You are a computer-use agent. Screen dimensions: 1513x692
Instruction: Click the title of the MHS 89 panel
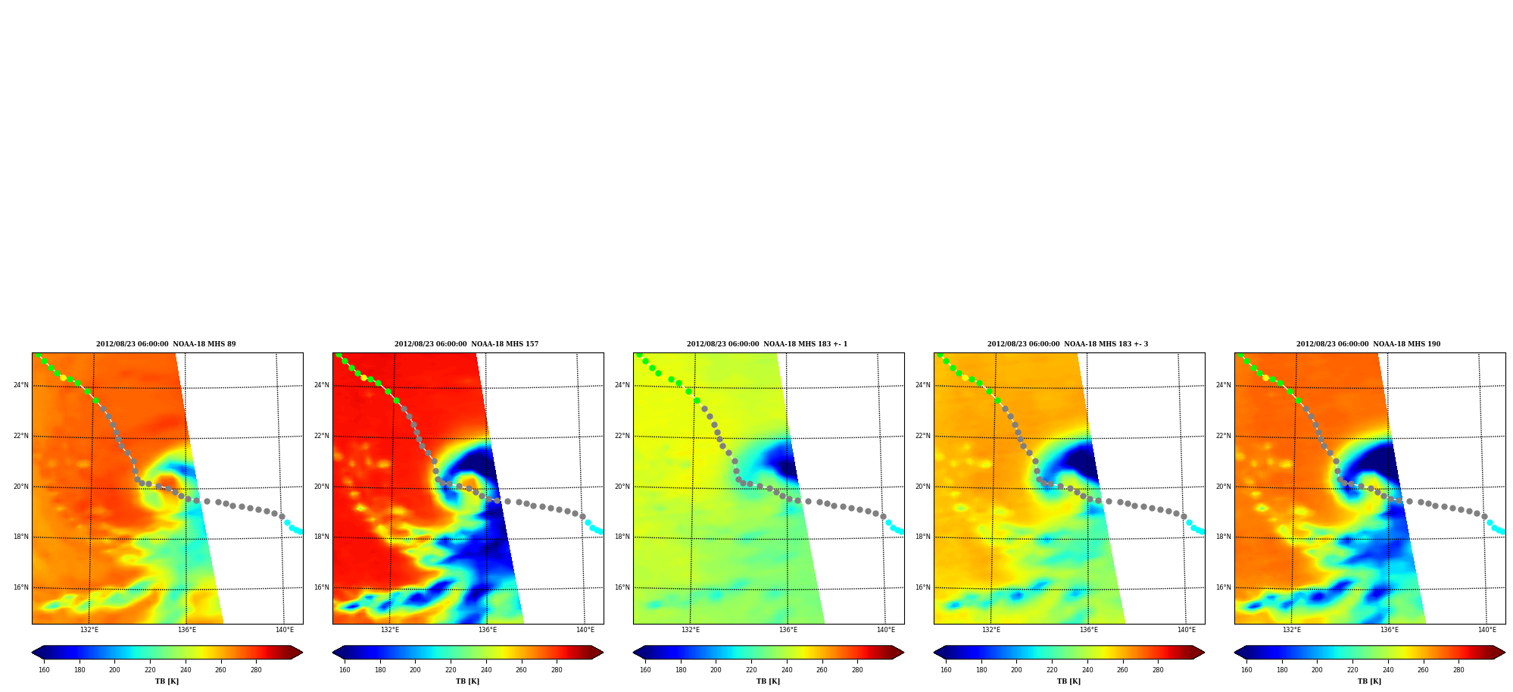click(x=166, y=344)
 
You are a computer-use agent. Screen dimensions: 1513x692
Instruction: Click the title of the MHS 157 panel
click(x=466, y=344)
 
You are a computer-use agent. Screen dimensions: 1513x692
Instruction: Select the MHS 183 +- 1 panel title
click(x=767, y=344)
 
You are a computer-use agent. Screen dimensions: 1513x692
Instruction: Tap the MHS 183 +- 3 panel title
click(x=1068, y=344)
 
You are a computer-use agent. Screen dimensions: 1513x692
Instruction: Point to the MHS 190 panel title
click(x=1368, y=344)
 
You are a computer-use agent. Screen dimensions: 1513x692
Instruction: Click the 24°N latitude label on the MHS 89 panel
click(x=20, y=385)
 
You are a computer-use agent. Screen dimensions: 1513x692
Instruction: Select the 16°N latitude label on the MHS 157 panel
click(x=321, y=587)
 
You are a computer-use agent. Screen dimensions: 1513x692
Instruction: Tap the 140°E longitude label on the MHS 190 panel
click(x=1487, y=630)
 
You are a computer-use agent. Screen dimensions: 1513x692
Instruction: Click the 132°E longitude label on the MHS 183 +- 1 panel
click(x=691, y=630)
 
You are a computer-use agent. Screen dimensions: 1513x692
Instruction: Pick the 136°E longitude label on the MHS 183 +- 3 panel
click(x=1089, y=630)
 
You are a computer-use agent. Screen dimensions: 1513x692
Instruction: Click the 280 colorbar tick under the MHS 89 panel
click(x=256, y=670)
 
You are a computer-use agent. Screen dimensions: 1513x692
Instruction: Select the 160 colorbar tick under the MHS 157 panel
click(x=345, y=670)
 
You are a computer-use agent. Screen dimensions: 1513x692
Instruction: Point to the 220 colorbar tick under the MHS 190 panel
click(x=1352, y=670)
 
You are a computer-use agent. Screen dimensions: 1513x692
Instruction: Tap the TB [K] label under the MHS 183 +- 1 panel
click(x=768, y=681)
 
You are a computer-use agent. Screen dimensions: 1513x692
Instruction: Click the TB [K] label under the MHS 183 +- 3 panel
click(x=1068, y=681)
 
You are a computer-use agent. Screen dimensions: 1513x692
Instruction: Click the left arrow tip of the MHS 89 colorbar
click(x=32, y=653)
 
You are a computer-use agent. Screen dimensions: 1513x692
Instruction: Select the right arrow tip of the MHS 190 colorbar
click(x=1505, y=653)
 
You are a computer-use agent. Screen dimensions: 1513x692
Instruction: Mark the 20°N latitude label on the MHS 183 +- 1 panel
click(x=622, y=487)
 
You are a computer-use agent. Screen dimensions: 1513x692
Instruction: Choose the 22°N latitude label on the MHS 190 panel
click(x=1223, y=436)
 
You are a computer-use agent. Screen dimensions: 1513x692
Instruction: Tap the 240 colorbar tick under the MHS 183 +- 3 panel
click(x=1087, y=670)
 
